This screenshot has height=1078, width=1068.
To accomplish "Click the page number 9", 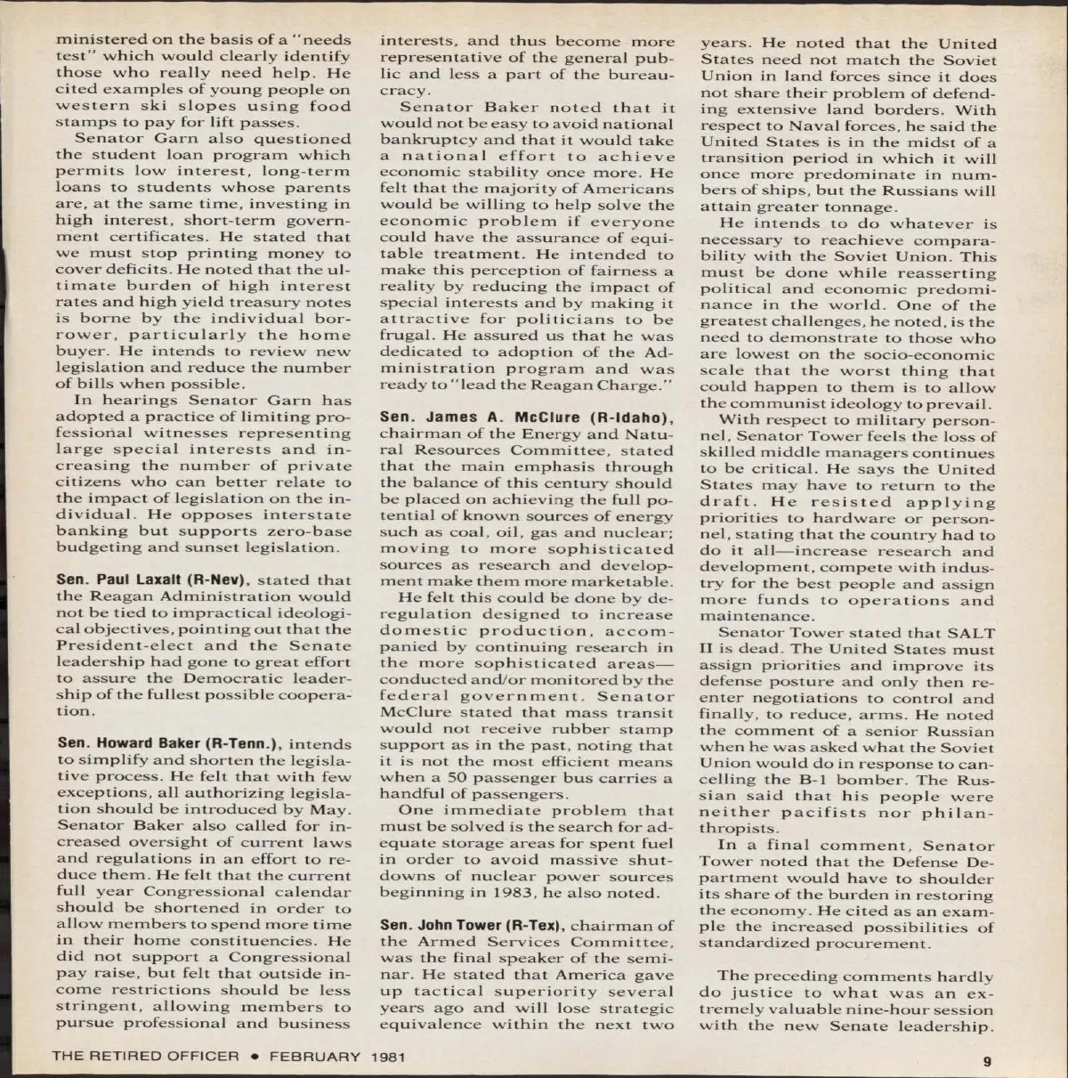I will tap(986, 1060).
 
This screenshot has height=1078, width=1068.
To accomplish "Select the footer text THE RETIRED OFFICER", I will tap(146, 1057).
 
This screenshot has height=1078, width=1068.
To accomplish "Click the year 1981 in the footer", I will tap(388, 1057).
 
